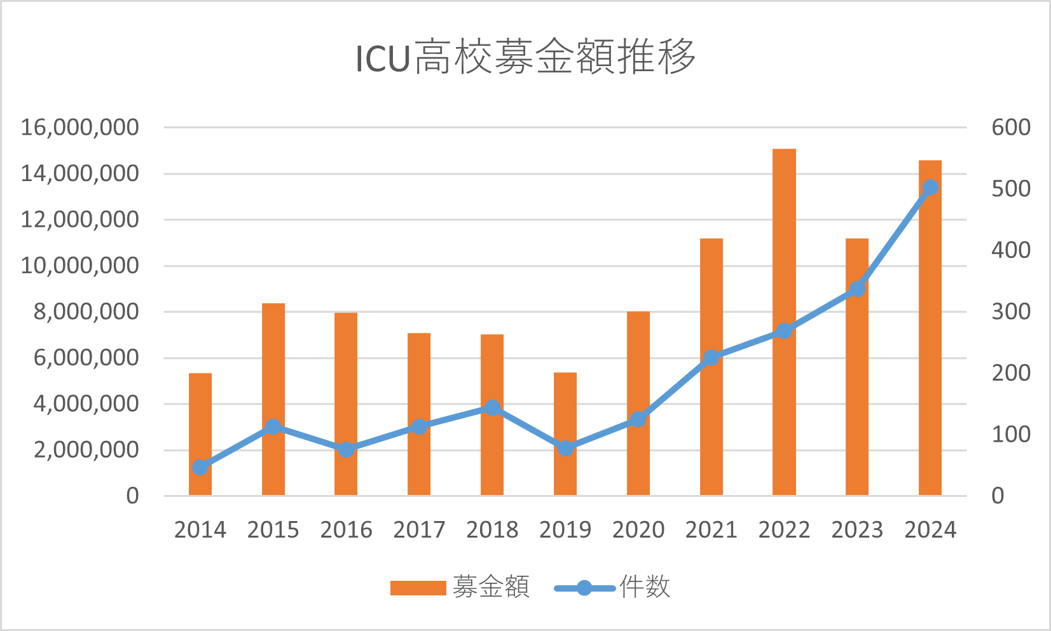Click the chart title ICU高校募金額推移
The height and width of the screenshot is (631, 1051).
(525, 57)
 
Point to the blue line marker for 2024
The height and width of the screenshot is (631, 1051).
(930, 187)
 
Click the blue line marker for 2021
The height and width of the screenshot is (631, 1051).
(711, 358)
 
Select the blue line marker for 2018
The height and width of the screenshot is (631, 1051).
(492, 408)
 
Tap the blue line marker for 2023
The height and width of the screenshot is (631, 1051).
(857, 289)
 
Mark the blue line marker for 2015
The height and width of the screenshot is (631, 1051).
(273, 426)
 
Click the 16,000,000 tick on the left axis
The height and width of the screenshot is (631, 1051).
(79, 127)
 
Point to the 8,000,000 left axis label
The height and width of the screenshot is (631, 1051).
(86, 311)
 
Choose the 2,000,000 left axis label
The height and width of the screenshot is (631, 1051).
(86, 450)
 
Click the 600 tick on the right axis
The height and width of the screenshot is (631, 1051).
(1011, 127)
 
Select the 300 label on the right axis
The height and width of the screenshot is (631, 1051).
(1011, 311)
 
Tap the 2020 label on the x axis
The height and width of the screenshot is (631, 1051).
(638, 529)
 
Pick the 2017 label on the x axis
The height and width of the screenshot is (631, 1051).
(419, 529)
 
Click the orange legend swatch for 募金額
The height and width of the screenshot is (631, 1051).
(418, 588)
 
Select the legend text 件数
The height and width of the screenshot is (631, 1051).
(645, 587)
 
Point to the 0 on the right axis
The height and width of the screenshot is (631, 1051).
(998, 496)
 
